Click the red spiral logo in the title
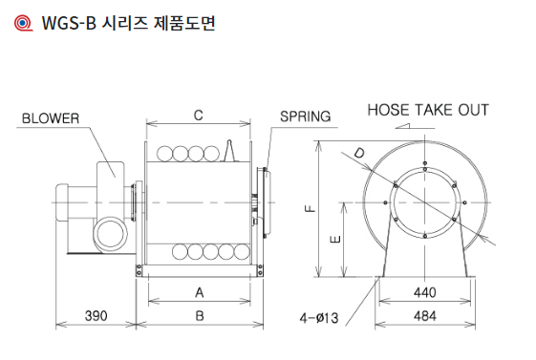pos(23,23)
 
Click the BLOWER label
pos(51,118)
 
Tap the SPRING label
pos(305,116)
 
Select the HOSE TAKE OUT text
pos(428,111)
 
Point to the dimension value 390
pos(96,316)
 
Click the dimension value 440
pos(425,293)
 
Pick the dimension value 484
pos(425,316)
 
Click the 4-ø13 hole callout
pos(319,318)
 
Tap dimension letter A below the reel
pos(200,293)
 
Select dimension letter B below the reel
pos(200,316)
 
